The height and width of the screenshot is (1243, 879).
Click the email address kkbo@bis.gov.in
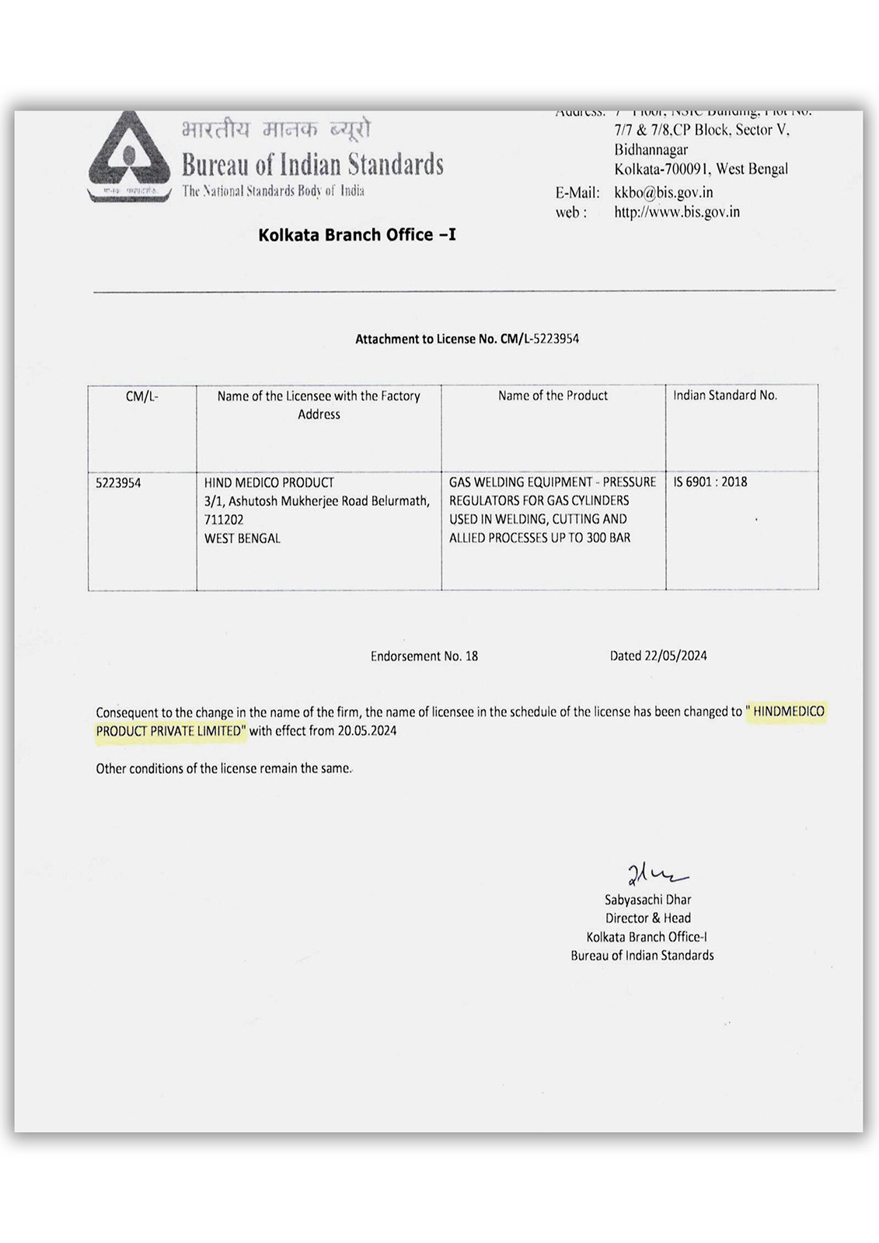[x=663, y=193]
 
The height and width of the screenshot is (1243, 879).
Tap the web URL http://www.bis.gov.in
[x=676, y=211]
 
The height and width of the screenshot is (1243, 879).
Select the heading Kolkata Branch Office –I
[x=357, y=235]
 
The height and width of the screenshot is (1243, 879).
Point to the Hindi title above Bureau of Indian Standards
[x=276, y=129]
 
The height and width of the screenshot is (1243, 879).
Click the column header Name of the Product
[x=553, y=395]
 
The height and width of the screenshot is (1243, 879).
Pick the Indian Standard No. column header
[x=724, y=395]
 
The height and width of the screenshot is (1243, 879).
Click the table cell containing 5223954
[x=118, y=482]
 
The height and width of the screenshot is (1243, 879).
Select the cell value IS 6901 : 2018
[x=710, y=482]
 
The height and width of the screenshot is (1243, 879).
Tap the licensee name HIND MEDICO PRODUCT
[x=269, y=482]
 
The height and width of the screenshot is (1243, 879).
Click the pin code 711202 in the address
[x=224, y=520]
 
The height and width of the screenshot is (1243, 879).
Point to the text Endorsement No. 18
[x=424, y=656]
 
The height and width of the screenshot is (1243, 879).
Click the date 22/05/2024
[x=675, y=656]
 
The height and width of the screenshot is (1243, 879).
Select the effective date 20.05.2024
[x=366, y=730]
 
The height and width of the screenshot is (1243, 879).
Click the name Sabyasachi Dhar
[x=647, y=900]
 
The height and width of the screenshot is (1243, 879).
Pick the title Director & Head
[x=647, y=918]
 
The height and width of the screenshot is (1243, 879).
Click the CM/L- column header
[x=141, y=396]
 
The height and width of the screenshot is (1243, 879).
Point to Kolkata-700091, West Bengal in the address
[x=700, y=169]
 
